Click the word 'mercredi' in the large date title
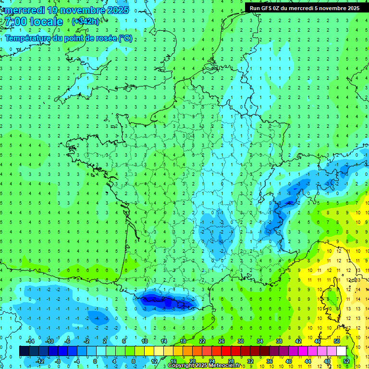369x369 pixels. [x=26, y=10]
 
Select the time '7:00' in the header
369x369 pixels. [x=16, y=22]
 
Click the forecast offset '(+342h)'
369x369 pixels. [x=85, y=22]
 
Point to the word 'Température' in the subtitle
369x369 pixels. [x=28, y=38]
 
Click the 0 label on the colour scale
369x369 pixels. [x=95, y=361]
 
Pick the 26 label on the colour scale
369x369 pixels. [x=221, y=341]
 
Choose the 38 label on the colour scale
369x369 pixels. [x=279, y=341]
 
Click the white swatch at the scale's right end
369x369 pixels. [x=341, y=351]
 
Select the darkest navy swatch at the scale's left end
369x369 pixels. [x=24, y=351]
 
